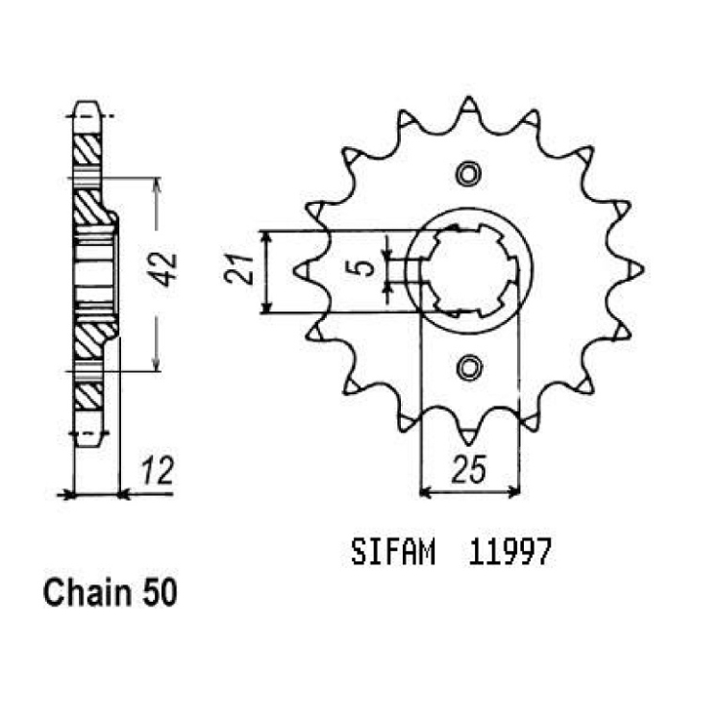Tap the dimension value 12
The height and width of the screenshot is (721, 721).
[x=158, y=470]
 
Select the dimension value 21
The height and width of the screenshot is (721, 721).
[x=239, y=269]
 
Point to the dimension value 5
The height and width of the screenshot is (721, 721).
[x=364, y=268]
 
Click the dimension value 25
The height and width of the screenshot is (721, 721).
[x=468, y=470]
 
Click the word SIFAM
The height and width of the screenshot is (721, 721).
[x=392, y=552]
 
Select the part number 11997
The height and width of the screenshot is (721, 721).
[x=510, y=552]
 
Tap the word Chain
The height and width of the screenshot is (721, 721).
[x=87, y=593]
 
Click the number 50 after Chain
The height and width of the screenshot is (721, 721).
[x=160, y=593]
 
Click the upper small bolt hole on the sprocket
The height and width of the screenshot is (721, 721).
[x=468, y=174]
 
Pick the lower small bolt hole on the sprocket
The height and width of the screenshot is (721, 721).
[x=468, y=368]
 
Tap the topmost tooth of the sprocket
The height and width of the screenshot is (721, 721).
[x=468, y=106]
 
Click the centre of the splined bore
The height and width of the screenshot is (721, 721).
[x=469, y=270]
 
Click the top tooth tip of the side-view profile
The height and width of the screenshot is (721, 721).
[x=87, y=103]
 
